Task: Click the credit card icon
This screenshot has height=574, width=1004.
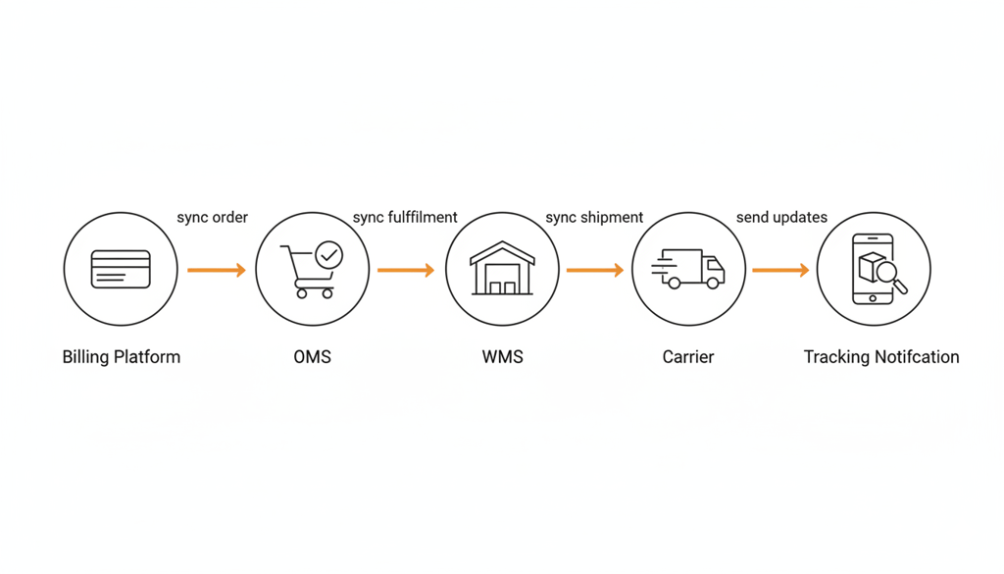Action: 121,269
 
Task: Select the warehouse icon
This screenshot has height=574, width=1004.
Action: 502,269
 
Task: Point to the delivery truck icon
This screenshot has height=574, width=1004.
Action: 688,269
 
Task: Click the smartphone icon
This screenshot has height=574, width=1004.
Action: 874,269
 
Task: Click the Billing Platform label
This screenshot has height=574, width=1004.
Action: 122,357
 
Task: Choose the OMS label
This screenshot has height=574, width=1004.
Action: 313,357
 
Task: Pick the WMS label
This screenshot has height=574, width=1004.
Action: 502,357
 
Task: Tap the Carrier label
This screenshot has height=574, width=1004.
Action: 688,357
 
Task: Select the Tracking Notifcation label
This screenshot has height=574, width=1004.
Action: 881,357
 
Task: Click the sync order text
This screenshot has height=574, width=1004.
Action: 213,217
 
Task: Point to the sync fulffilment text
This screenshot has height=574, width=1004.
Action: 405,217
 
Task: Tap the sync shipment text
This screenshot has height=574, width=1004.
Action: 594,217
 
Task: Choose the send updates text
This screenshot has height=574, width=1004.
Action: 781,217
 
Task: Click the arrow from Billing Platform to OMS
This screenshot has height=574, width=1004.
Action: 217,270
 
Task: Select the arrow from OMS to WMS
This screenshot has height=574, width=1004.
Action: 406,270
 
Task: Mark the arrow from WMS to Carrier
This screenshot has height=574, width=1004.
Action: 595,270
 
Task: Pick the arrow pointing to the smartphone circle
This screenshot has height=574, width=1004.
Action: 780,270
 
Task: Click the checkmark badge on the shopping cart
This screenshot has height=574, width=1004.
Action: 330,255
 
